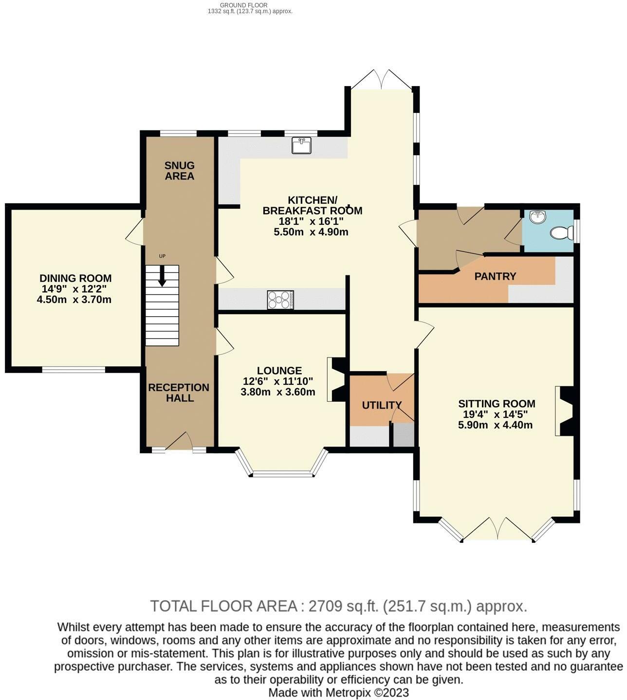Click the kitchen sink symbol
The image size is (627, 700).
click(301, 145)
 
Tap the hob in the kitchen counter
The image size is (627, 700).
click(280, 300)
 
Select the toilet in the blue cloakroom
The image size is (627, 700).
click(562, 233)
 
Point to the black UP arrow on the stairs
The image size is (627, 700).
click(162, 275)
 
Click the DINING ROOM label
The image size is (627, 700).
click(75, 278)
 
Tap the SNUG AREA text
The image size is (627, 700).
click(180, 171)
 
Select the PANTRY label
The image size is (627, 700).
click(495, 276)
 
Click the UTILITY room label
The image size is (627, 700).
click(382, 405)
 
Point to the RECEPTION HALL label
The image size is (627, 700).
click(179, 393)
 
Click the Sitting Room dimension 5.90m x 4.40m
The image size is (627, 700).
click(495, 425)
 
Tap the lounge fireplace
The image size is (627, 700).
click(336, 379)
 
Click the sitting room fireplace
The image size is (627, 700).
click(565, 411)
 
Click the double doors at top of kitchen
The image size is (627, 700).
click(382, 79)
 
